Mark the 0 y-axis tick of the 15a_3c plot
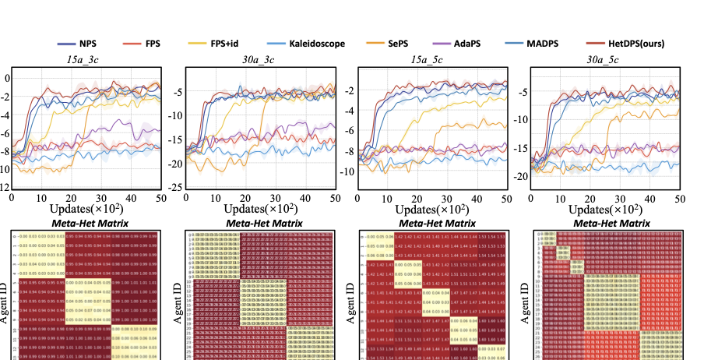7,78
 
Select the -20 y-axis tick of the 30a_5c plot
519,177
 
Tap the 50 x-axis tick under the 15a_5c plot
506,200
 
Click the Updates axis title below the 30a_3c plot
259,210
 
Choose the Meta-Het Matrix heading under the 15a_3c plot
85,224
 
